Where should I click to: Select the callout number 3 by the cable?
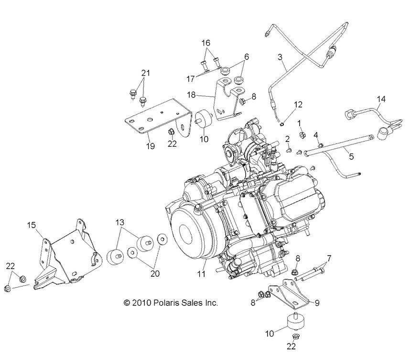(281, 57)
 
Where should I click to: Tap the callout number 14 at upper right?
(381, 99)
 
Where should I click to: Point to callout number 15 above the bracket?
(32, 224)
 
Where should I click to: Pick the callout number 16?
(205, 43)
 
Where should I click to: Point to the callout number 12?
(298, 104)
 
